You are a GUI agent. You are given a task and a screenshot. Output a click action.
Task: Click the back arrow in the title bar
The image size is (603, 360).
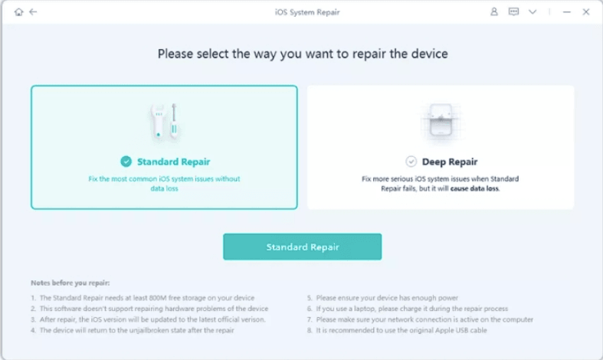coord(33,12)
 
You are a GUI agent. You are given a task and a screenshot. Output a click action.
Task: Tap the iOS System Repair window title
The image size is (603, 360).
coord(302,12)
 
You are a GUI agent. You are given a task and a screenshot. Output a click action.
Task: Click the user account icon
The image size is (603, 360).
coord(494,12)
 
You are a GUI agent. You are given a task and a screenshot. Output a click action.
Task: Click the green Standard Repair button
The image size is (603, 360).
coord(302,247)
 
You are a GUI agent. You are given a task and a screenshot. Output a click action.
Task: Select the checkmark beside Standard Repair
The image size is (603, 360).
coord(126,162)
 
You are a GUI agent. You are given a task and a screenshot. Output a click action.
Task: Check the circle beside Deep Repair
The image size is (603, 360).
coord(411,162)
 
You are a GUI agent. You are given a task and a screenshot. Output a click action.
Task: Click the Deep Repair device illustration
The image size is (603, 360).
coord(441,121)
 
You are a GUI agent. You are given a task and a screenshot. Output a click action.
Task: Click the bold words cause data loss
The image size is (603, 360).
coord(475,188)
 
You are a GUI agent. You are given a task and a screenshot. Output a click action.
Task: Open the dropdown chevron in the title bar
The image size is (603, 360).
coord(533,12)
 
